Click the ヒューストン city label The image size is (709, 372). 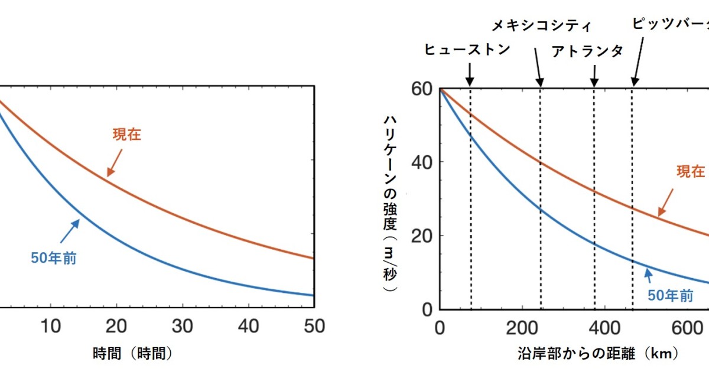coord(467,49)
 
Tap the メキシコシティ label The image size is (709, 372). coord(542,25)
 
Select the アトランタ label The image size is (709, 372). coord(587,51)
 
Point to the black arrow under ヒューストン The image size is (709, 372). coord(470,74)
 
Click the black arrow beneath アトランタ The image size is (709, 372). coord(594,74)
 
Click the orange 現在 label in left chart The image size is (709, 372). coord(127,134)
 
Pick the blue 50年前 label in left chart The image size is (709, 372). coord(54,258)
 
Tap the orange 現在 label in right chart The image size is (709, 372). coord(690,171)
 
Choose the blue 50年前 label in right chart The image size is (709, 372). coord(671,296)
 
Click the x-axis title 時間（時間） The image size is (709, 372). coord(133,353)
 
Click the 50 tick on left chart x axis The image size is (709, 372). coord(313,326)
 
